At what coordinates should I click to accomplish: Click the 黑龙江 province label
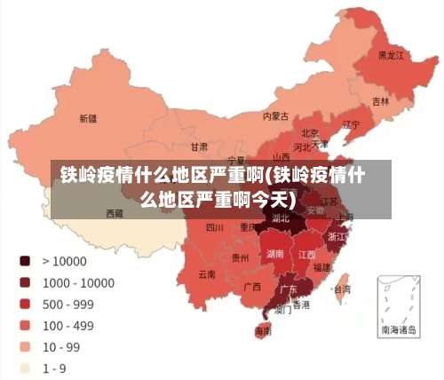click(391, 55)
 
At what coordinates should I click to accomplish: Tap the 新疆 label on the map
click(88, 118)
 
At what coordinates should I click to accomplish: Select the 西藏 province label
click(115, 213)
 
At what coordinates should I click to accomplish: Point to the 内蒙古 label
click(276, 115)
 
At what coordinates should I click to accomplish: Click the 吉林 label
click(380, 101)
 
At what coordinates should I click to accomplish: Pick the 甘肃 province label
click(199, 146)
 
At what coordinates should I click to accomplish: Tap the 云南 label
click(207, 273)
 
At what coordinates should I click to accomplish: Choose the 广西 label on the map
click(251, 287)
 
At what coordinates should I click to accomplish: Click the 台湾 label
click(341, 289)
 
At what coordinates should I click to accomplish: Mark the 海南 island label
click(263, 331)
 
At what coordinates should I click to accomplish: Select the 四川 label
click(214, 227)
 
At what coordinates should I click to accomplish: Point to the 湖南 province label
click(275, 254)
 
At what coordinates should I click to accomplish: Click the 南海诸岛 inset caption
click(398, 329)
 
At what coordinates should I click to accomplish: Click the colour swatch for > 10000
click(25, 261)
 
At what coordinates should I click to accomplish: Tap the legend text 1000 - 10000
click(78, 282)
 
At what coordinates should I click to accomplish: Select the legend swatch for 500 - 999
click(25, 304)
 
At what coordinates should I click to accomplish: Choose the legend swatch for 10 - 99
click(25, 346)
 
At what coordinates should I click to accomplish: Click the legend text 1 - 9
click(55, 368)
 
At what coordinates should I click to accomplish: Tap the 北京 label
click(311, 132)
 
